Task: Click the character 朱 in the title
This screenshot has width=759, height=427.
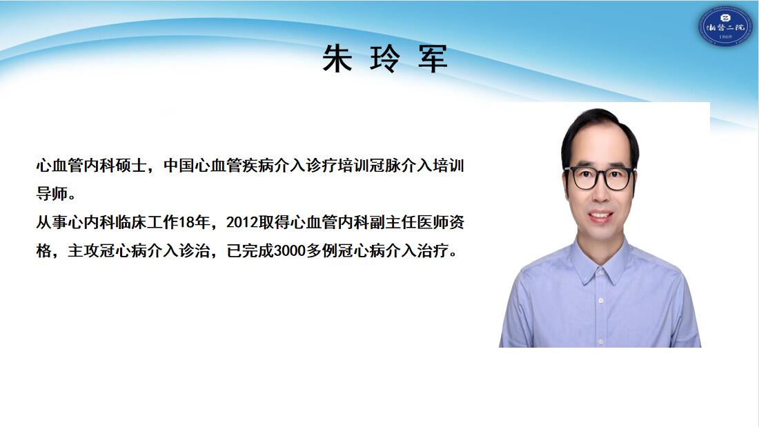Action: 337,59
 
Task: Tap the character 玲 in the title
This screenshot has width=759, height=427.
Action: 385,59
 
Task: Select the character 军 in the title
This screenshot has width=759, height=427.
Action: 433,59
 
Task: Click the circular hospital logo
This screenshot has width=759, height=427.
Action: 724,28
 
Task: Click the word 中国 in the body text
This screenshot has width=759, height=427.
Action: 179,166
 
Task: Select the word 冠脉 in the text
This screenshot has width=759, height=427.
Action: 385,166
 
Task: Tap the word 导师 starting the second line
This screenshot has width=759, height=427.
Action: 52,194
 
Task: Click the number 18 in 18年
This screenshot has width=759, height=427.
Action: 187,222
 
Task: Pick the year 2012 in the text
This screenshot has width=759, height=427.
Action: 242,222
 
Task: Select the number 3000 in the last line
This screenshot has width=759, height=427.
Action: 290,251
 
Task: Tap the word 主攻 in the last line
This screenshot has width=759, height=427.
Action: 83,251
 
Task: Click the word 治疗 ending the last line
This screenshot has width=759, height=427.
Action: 433,251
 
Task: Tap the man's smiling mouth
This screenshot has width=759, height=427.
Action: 600,216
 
